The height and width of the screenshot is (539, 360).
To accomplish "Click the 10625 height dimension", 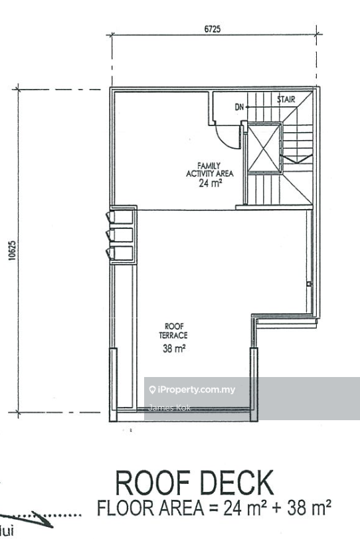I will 12,251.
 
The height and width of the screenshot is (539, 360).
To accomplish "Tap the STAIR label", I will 286,100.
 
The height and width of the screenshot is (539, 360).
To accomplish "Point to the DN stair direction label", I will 240,106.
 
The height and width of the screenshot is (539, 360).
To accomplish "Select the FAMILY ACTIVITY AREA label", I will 209,169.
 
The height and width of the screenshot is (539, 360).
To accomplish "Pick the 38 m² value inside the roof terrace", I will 174,348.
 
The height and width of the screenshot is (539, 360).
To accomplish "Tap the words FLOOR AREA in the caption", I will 137,509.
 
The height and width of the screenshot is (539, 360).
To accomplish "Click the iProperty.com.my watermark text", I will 192,390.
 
